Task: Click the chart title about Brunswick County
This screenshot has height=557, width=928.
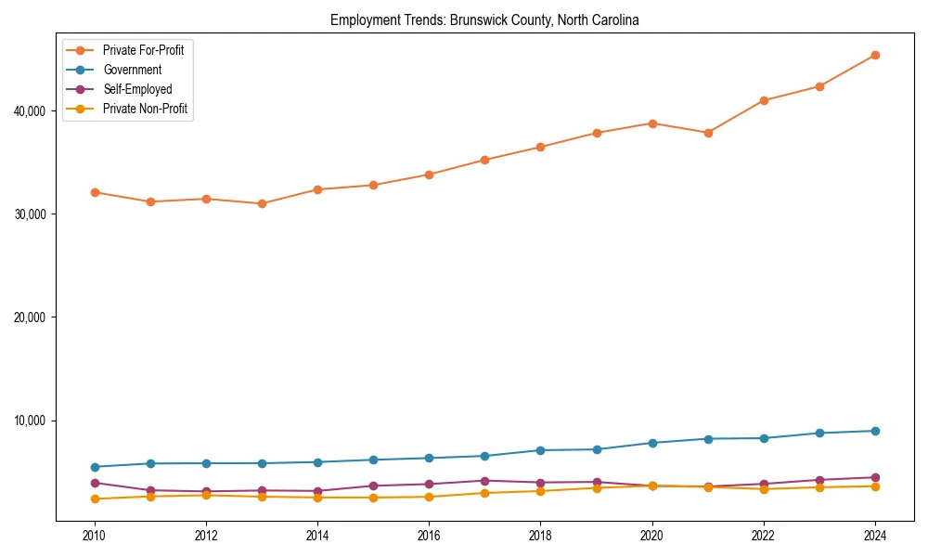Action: tap(484, 19)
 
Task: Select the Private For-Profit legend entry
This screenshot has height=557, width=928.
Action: tap(143, 50)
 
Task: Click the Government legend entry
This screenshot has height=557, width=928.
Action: tap(132, 70)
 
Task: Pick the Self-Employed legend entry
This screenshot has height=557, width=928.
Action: tap(137, 89)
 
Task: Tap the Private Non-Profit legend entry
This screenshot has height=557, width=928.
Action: tap(145, 109)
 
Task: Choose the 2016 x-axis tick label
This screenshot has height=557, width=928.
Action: tap(429, 536)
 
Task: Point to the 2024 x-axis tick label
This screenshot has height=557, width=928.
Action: tap(875, 536)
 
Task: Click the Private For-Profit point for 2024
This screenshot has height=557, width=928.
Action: tap(875, 55)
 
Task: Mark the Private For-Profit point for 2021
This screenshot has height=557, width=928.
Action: tap(708, 133)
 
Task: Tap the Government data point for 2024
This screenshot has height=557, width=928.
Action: tap(875, 431)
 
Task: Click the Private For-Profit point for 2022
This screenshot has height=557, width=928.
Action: tap(764, 100)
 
